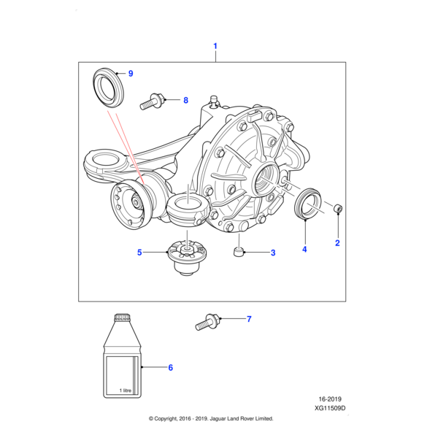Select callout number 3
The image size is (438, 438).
click(x=272, y=253)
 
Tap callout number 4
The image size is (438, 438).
click(x=304, y=250)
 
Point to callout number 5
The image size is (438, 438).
click(x=139, y=253)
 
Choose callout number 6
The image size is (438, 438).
click(x=170, y=367)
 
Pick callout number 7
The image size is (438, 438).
click(x=248, y=319)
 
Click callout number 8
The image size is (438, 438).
click(x=185, y=100)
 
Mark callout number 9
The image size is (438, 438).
click(x=131, y=74)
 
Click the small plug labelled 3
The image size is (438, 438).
click(x=239, y=253)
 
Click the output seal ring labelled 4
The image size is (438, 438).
click(x=307, y=203)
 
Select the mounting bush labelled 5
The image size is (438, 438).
click(x=185, y=259)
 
